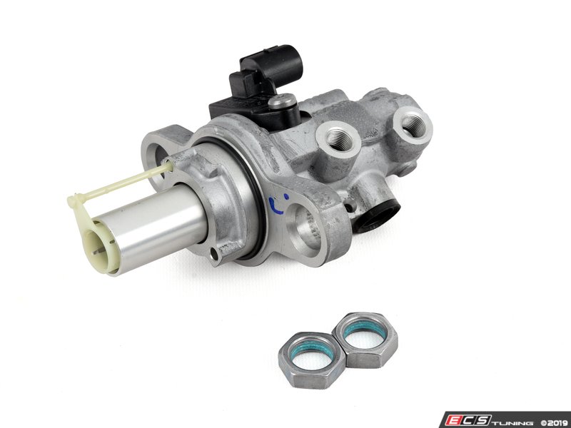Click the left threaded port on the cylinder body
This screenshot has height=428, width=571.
pyautogui.click(x=339, y=137)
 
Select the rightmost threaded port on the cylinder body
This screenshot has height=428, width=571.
pyautogui.click(x=413, y=125)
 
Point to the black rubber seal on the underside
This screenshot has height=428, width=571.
pyautogui.click(x=377, y=215)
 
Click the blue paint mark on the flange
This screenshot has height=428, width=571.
pyautogui.click(x=278, y=204)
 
